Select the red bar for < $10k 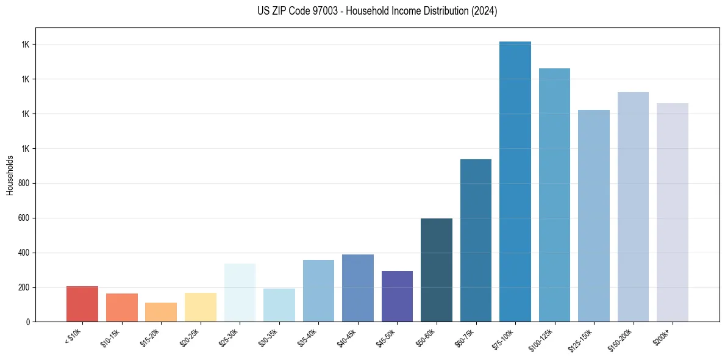tap(82, 304)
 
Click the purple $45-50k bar tap(397, 297)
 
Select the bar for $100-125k tap(554, 195)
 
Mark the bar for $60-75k tap(476, 240)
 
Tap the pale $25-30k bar tap(240, 293)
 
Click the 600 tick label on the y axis tap(24, 218)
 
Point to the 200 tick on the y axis tap(24, 287)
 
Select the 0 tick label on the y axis tap(28, 322)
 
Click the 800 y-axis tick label tap(24, 183)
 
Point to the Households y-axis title tap(10, 175)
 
